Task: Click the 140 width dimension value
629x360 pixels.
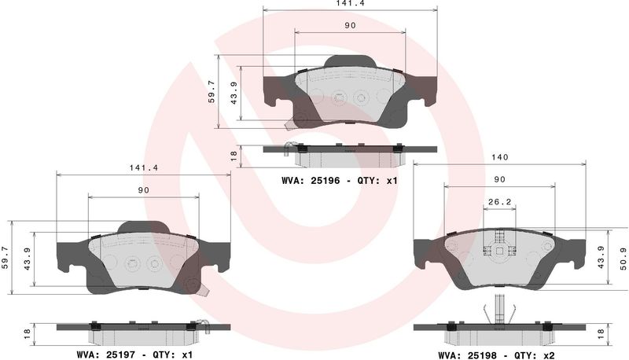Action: [x=499, y=157]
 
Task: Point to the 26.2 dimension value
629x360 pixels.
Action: [x=499, y=202]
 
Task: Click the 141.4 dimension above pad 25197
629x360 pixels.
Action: [x=144, y=168]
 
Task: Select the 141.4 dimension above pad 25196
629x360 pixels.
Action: [x=350, y=3]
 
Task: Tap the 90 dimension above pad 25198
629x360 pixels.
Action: [x=499, y=179]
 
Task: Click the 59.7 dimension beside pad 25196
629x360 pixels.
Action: [x=212, y=92]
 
